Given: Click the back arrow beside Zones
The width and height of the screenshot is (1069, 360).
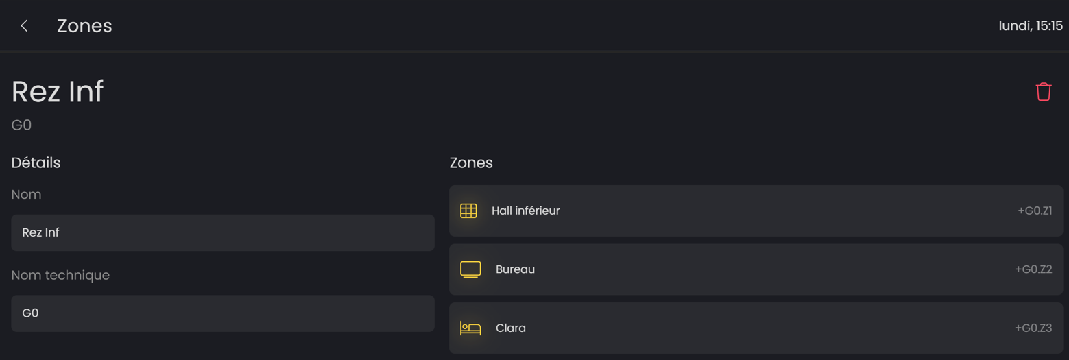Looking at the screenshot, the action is coord(24,26).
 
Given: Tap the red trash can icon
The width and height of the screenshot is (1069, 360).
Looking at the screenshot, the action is coord(1043,92).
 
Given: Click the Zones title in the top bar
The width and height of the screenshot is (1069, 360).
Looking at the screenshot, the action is coord(84,26).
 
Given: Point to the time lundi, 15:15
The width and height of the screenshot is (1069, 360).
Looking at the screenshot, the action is coord(1031,26).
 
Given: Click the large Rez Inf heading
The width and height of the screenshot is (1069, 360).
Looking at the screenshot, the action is coord(58,91).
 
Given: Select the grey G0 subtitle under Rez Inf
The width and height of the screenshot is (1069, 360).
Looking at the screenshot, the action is coord(21,125).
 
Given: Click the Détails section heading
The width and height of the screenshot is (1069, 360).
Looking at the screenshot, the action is coord(36,163).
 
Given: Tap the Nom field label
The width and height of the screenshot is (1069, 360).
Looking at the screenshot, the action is coord(26,194).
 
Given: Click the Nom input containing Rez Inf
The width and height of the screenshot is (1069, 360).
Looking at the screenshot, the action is coord(222,232).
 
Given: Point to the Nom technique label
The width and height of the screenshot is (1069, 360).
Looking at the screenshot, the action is coord(60,275).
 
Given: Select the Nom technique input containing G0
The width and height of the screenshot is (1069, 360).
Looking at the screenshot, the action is coord(222,313).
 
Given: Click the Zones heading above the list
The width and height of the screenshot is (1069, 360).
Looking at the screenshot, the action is coord(471,163).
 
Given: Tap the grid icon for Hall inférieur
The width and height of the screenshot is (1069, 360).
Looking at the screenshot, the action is coord(468,211).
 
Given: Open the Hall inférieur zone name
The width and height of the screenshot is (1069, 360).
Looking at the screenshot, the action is coord(525,211).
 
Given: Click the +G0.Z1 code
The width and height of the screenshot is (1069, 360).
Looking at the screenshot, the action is coord(1035,211).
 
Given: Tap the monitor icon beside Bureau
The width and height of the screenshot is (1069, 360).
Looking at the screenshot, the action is coord(470,269).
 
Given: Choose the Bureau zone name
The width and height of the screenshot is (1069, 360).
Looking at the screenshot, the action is coord(515,269).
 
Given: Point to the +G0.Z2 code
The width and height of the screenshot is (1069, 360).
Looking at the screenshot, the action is coord(1033,269).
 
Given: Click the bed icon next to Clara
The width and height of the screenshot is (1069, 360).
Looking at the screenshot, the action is coord(470,328).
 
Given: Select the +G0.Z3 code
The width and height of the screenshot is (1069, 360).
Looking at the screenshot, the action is coord(1033,328).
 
